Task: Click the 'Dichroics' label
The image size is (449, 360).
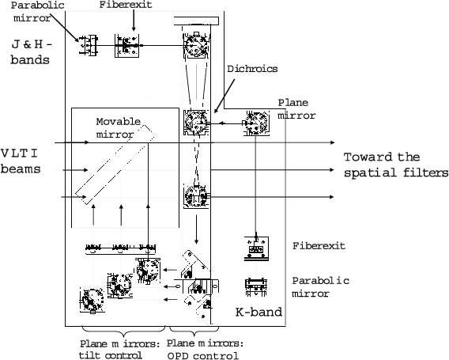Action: pos(252,69)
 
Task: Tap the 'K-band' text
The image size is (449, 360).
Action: pos(258,312)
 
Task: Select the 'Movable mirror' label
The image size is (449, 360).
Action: pos(119,128)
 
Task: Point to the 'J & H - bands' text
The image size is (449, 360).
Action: pos(32,52)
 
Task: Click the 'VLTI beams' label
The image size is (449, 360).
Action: pos(21,161)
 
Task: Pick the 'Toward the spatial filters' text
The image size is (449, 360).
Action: pos(396,165)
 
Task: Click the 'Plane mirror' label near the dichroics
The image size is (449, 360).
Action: pos(296,109)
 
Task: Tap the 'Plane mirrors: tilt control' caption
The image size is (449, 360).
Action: pos(119,350)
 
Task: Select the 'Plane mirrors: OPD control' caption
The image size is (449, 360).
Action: pos(205,350)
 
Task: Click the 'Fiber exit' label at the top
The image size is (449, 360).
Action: pos(126,5)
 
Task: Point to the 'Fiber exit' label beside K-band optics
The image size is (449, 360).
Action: pos(319,246)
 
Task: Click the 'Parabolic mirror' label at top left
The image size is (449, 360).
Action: pos(37,11)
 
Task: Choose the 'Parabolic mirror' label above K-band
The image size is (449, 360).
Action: pos(320,287)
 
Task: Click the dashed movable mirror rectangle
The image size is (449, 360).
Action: pos(115,165)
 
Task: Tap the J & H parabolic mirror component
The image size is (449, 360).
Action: pos(89,45)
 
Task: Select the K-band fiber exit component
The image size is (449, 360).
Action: pos(256,248)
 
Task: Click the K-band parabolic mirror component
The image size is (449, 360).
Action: pos(256,287)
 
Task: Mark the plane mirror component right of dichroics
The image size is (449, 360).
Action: pos(256,123)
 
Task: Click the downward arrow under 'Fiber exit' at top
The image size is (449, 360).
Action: pos(134,21)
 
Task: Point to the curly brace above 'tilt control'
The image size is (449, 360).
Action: pos(123,332)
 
